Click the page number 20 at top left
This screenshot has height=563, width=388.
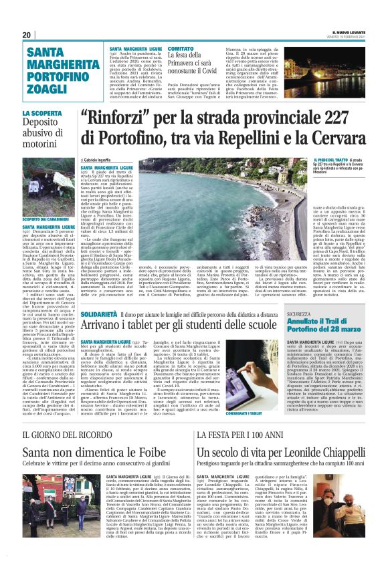click(27, 35)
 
